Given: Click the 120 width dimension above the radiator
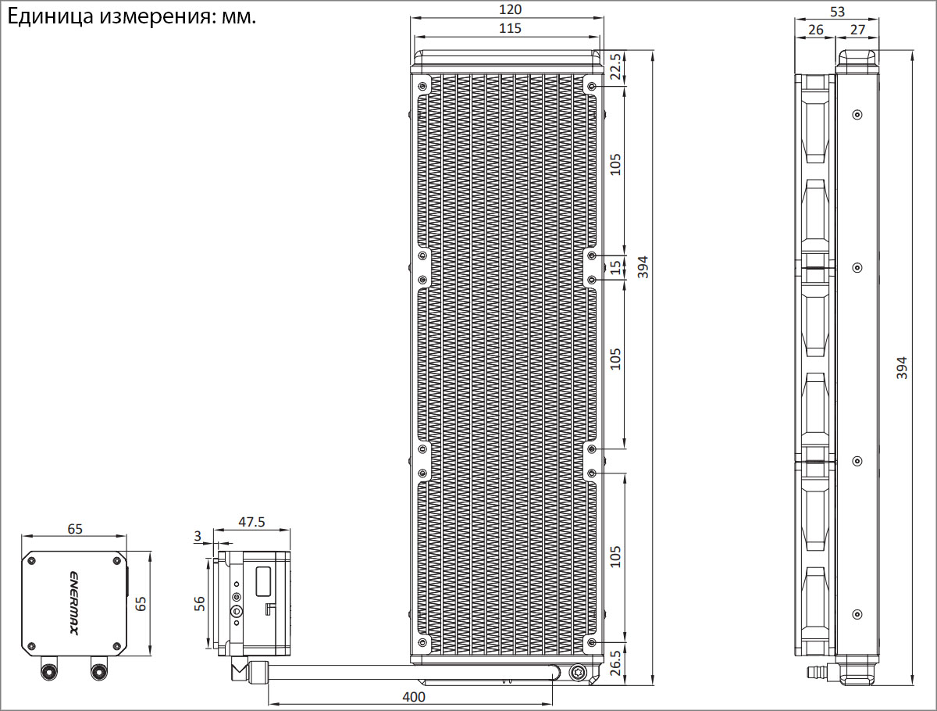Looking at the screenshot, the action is pos(510,9).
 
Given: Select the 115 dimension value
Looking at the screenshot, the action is pos(510,28).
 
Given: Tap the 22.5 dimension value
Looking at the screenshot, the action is pos(615,66).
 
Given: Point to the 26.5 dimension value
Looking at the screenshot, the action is pos(615,663).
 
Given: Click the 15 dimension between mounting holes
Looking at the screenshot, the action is pos(615,267).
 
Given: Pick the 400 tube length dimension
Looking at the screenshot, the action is pos(414,697).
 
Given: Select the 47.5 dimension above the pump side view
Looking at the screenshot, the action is pos(251,522).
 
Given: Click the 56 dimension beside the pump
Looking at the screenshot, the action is pos(199,603).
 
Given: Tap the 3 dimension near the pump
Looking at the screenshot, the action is pos(198,536).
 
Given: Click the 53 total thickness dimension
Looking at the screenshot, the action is pos(837,12).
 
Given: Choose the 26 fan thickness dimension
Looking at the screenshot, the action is pos(816,30).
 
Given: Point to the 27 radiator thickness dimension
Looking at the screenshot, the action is pos(857,30).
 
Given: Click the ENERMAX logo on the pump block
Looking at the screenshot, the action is pos(74,603).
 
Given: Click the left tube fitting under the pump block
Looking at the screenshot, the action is pos(49,669).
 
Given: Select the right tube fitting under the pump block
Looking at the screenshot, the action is pos(99,669).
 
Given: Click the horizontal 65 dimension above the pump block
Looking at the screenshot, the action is pos(75,529).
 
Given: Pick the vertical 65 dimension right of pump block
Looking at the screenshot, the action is pos(140,603).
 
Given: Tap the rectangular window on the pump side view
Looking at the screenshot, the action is pos(263,581).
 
